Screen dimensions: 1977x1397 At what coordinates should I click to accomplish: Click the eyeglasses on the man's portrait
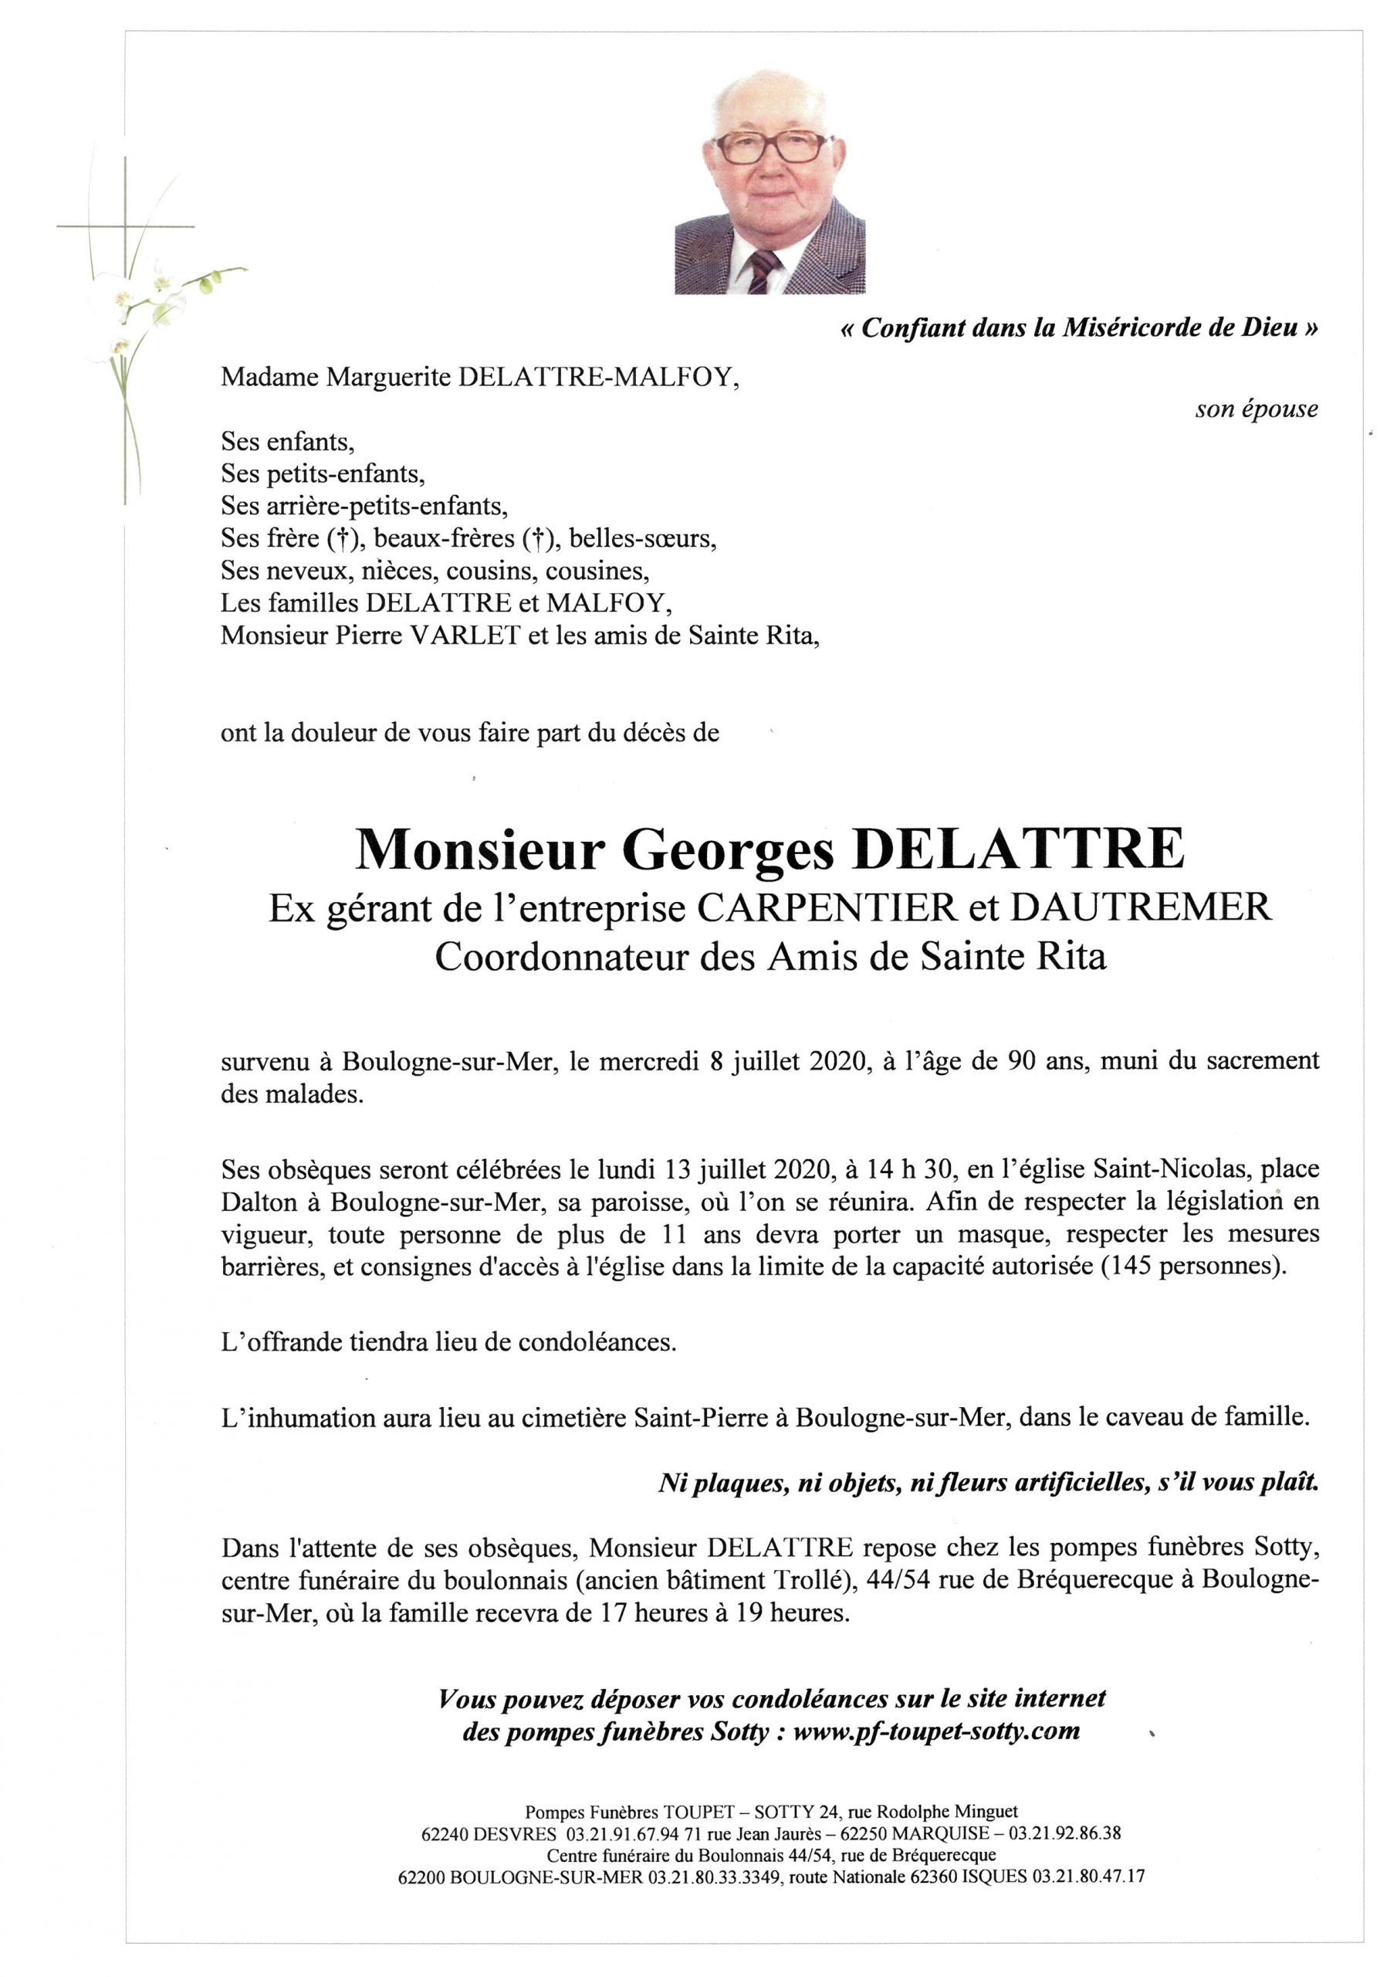(x=769, y=149)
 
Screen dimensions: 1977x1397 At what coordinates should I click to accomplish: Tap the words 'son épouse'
(x=1256, y=409)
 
